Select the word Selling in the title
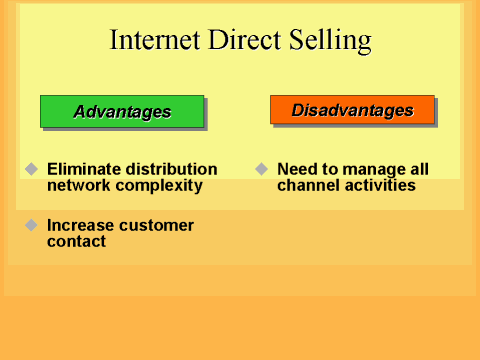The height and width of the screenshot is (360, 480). tap(329, 40)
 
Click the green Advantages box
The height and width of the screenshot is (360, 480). tap(122, 111)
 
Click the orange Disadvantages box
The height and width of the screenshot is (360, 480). tap(352, 110)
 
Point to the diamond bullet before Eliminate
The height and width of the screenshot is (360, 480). tap(31, 169)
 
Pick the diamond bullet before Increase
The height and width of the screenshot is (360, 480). tap(31, 225)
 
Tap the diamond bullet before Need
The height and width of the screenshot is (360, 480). tap(261, 169)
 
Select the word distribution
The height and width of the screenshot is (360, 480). tap(171, 169)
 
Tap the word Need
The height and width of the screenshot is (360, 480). tap(296, 169)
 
